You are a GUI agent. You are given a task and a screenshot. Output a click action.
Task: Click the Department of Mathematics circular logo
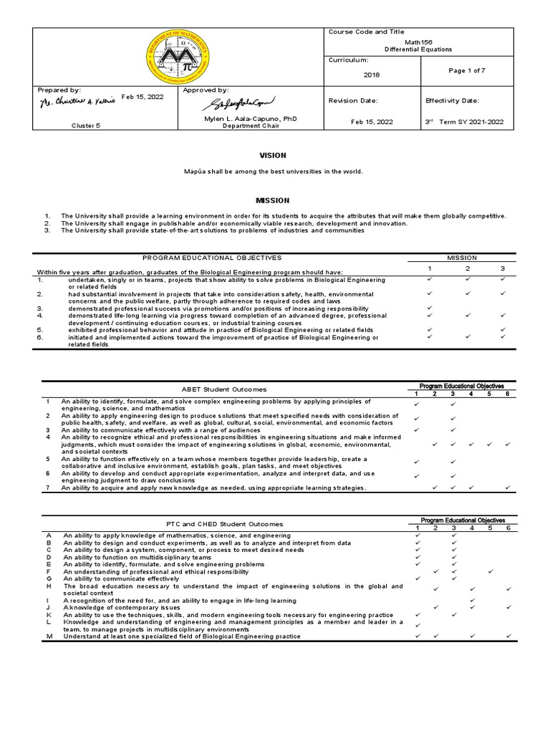[x=179, y=57]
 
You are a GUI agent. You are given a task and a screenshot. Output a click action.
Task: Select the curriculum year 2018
[x=372, y=74]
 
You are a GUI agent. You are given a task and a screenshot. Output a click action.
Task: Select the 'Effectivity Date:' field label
[x=452, y=101]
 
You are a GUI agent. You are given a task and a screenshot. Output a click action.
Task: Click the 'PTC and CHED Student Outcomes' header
[x=224, y=524]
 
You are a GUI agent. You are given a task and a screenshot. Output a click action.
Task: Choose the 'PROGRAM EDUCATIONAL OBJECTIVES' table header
[x=212, y=257]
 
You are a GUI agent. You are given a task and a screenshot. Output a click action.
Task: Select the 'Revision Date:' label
[x=352, y=101]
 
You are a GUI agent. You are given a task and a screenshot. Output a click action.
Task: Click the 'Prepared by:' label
[x=59, y=90]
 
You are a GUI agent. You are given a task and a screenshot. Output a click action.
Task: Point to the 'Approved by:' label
[x=206, y=90]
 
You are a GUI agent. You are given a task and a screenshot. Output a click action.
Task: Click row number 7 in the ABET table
[x=48, y=487]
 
